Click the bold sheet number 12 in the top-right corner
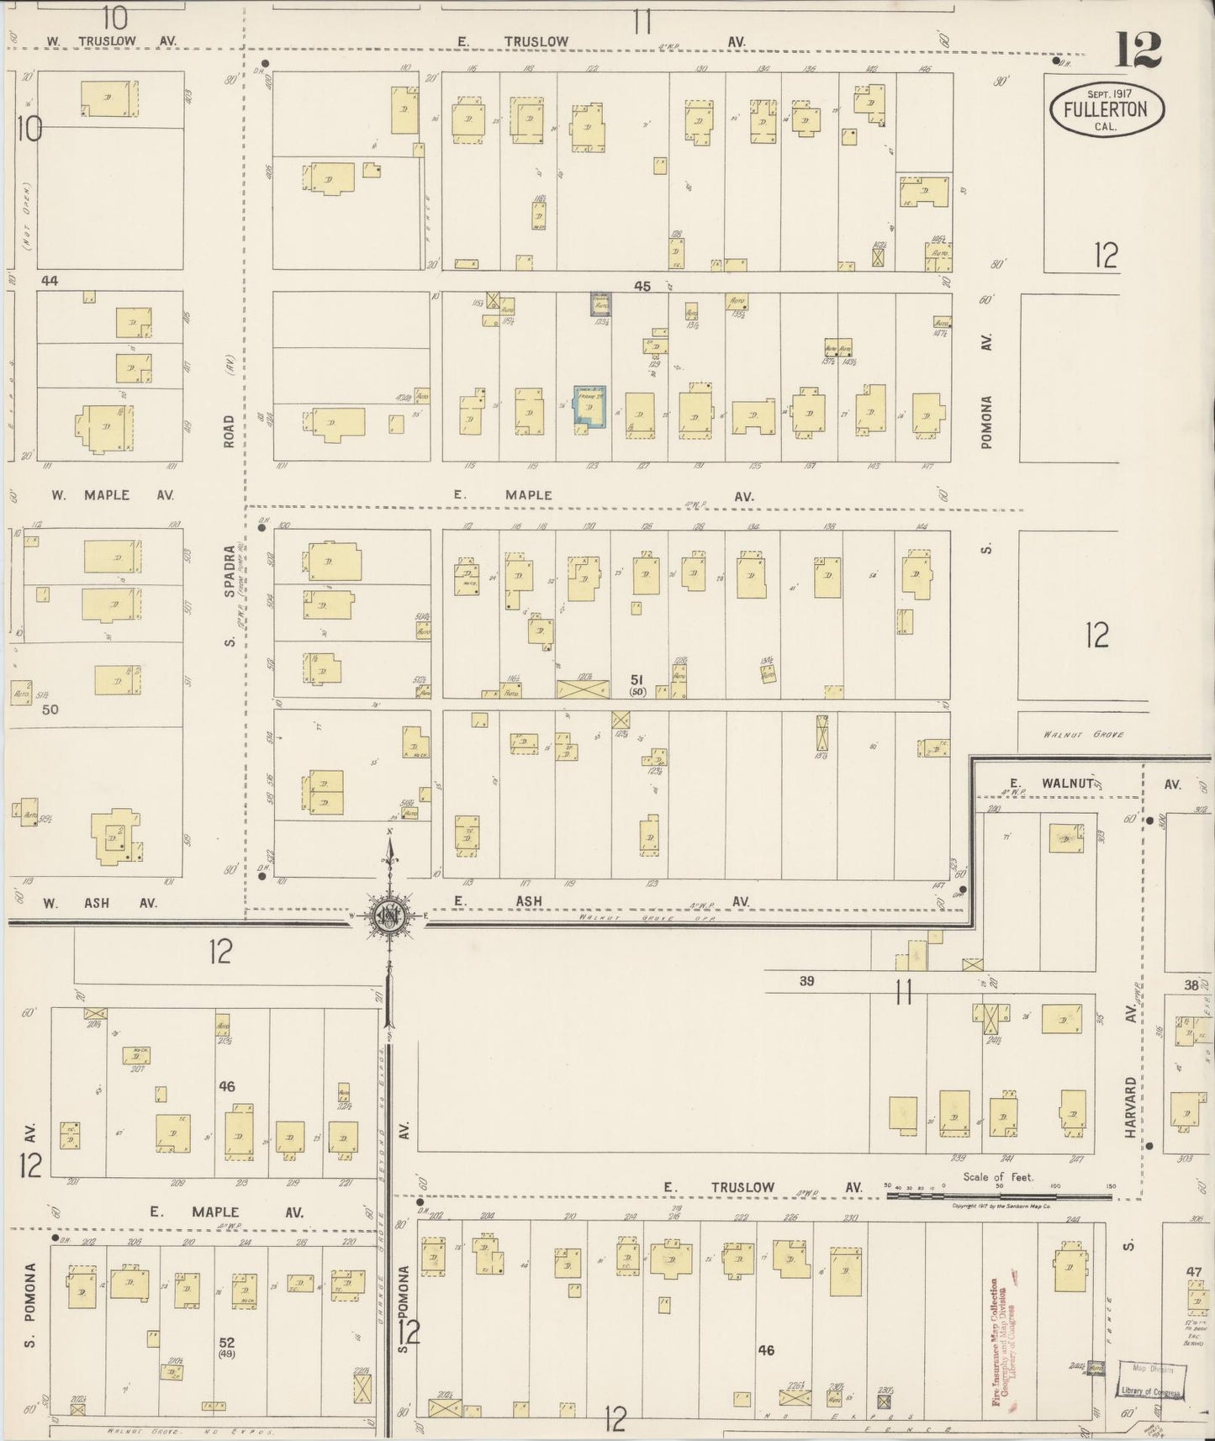tap(1138, 50)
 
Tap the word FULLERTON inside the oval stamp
tap(1105, 109)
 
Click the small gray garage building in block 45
tap(600, 304)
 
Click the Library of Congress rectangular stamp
tap(1150, 1381)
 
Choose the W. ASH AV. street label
tap(100, 903)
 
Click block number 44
tap(50, 281)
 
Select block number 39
tap(806, 980)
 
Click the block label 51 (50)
tap(637, 684)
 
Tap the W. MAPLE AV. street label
tap(112, 495)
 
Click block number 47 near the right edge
tap(1194, 1272)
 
